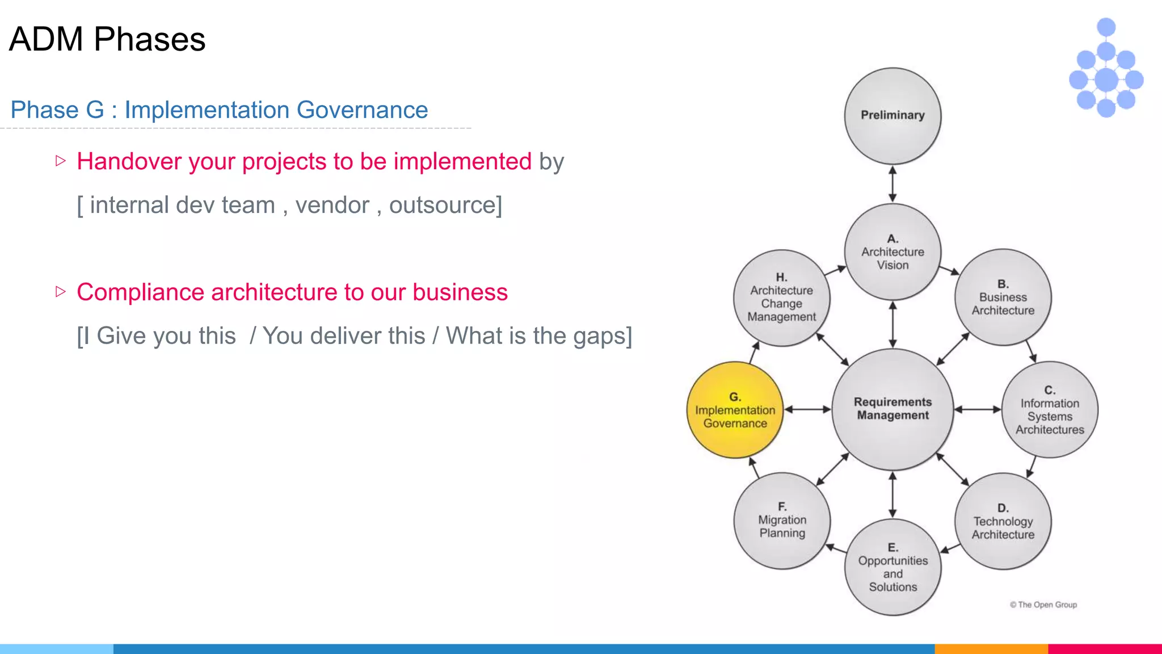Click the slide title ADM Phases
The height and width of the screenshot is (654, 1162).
107,39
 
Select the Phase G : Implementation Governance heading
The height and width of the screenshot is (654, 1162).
219,110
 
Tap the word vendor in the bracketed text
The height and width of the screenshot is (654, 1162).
332,205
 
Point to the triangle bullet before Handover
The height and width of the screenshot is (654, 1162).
61,161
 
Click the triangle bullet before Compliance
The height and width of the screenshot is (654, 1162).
61,292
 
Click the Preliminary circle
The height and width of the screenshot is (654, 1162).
892,116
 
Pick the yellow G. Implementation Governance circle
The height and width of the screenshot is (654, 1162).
735,410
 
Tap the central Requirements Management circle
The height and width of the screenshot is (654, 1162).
892,409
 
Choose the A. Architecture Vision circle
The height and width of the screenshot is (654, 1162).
892,251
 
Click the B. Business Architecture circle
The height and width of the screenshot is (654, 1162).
1003,297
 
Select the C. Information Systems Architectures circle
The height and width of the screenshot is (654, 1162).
1050,410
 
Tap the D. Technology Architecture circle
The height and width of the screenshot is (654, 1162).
1003,521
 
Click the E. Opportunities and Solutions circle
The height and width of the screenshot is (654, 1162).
892,567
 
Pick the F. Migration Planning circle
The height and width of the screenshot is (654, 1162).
782,520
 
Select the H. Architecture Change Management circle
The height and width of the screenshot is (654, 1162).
781,297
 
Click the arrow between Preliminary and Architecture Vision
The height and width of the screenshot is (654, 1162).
892,184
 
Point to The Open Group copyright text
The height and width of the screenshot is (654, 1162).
1043,605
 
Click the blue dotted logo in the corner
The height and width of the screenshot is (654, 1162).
1106,68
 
